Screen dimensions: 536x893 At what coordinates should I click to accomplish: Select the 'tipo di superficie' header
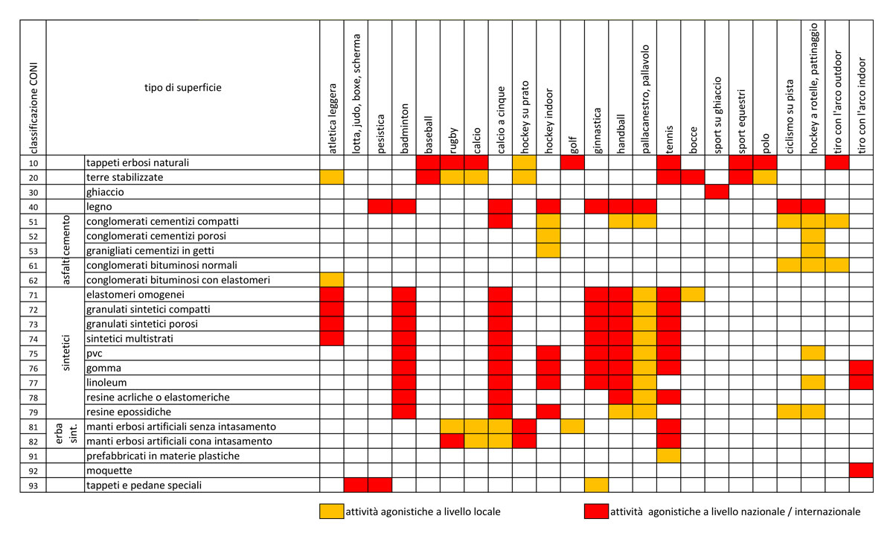coord(182,87)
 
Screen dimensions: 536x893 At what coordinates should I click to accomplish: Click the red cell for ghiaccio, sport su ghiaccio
coord(716,191)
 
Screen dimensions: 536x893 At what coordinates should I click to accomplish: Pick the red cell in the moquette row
coord(860,470)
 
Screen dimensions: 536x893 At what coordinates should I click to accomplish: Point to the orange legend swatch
coord(331,511)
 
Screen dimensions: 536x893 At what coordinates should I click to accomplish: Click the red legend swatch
coord(596,511)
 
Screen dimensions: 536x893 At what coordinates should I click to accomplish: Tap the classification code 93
coord(33,485)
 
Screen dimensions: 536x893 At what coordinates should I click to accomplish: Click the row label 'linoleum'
coord(107,383)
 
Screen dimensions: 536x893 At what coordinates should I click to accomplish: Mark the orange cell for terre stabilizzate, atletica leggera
coord(332,177)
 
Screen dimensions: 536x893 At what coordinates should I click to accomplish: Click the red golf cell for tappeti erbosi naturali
coord(572,162)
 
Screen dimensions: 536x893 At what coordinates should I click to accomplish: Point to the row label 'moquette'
coord(109,470)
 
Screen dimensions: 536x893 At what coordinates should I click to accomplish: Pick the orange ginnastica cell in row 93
coord(596,485)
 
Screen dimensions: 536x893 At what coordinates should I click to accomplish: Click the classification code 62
coord(33,280)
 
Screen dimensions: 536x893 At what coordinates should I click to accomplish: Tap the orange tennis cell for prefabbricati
coord(668,456)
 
